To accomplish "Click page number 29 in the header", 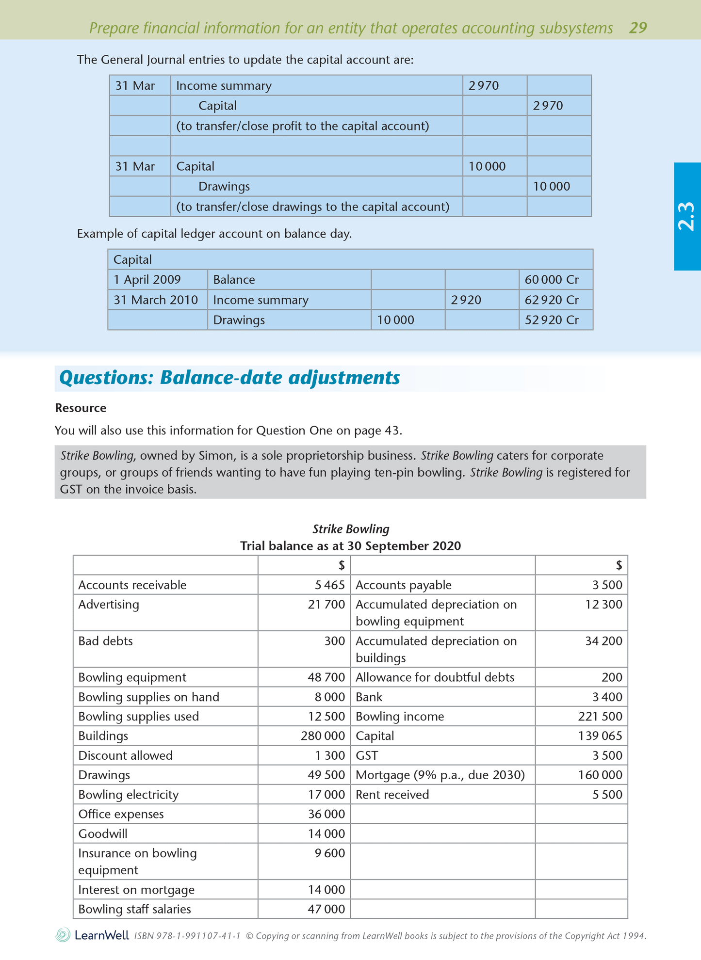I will coord(637,28).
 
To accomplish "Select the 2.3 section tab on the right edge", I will coord(687,216).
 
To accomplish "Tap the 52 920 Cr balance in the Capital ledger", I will coord(552,320).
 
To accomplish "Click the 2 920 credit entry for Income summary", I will coord(466,300).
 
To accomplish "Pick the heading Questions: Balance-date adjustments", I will coord(229,378).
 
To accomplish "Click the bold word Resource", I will coord(81,408).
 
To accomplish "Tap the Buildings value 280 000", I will coord(323,736).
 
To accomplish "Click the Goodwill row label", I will coord(103,834).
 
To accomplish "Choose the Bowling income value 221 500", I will coord(600,717).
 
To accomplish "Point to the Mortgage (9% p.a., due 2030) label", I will coord(440,775).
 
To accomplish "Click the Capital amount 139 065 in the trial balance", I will coord(600,736).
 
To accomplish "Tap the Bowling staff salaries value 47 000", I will coord(326,909).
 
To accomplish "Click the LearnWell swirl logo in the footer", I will coord(63,935).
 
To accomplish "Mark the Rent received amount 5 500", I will coord(607,795).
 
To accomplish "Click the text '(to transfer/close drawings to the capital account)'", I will coord(312,207).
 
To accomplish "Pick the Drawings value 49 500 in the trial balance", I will coord(326,775).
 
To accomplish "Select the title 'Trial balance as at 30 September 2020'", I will coord(350,546).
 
